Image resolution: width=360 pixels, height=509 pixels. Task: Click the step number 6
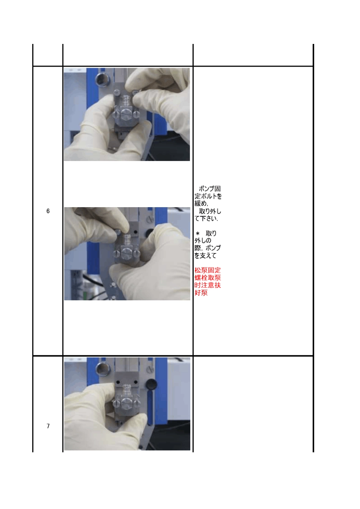point(48,211)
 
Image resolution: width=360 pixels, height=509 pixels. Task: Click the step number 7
point(48,426)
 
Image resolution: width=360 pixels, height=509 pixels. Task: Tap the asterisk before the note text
point(197,233)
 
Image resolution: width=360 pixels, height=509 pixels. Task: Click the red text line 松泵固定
point(207,270)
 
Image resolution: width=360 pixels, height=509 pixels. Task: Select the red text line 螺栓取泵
point(207,278)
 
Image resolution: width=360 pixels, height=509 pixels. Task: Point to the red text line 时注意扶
point(207,285)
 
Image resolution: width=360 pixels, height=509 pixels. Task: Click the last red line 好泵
point(201,292)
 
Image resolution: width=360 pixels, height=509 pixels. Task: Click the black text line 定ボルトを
point(208,196)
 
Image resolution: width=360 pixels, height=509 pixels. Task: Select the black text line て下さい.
point(207,219)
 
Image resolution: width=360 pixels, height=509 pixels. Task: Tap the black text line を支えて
point(205,255)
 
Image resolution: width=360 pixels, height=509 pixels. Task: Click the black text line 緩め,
point(201,203)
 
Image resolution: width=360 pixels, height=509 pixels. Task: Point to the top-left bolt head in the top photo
point(117,92)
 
